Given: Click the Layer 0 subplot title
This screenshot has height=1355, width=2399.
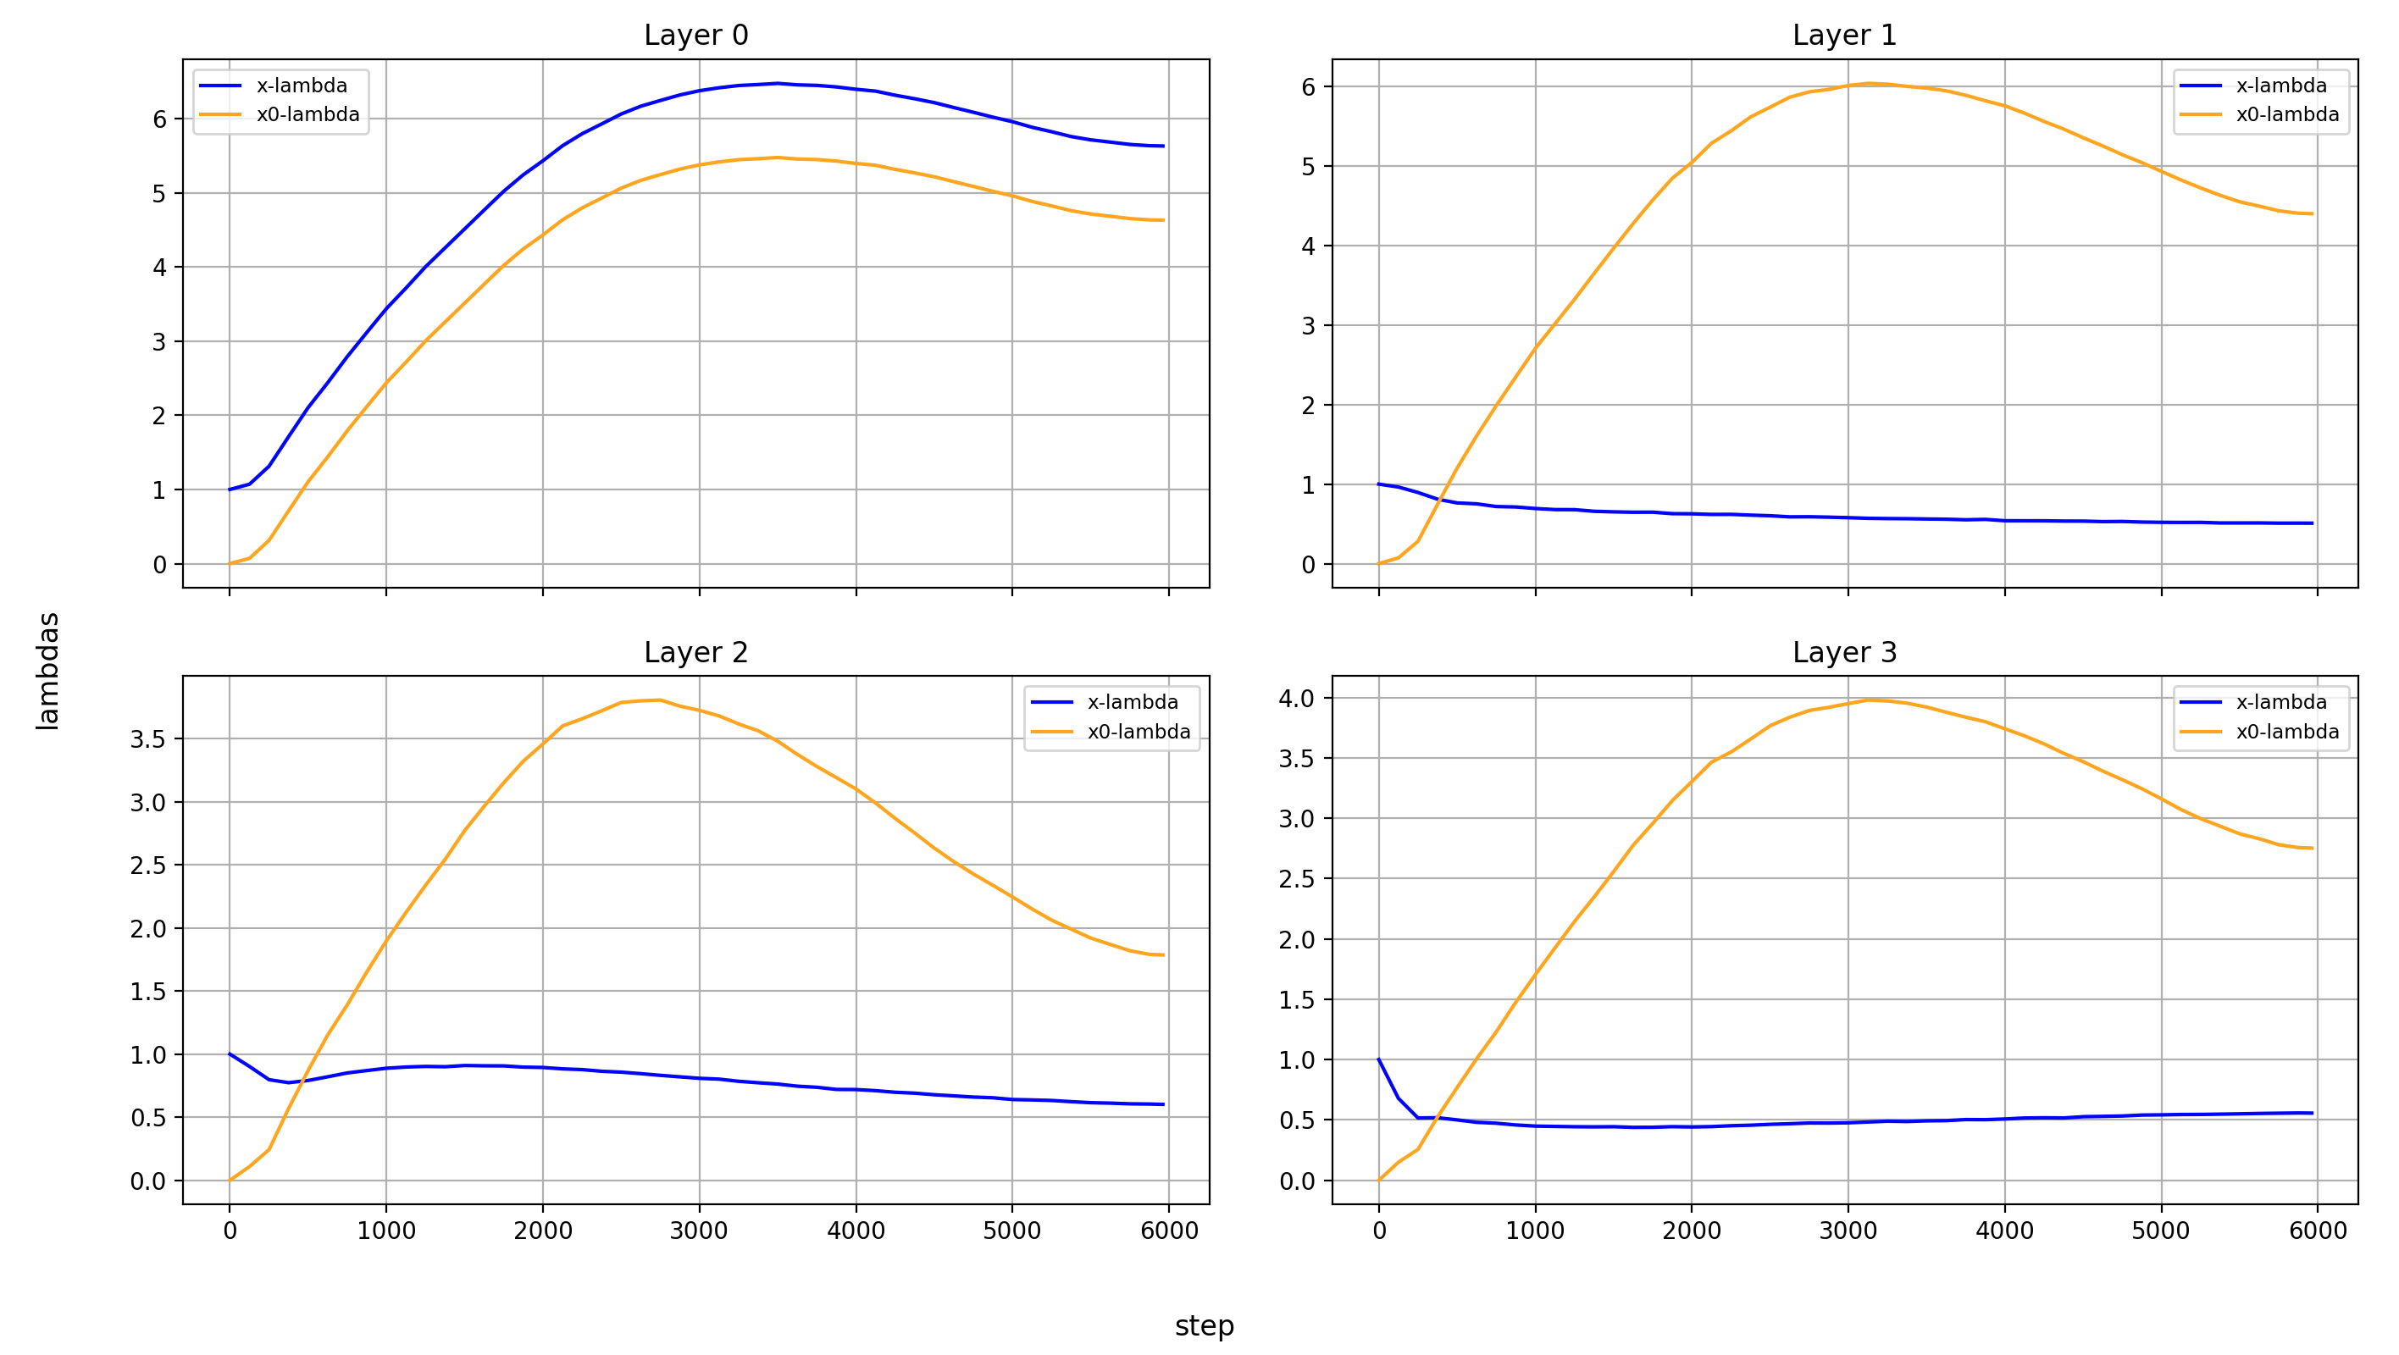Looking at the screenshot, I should [695, 36].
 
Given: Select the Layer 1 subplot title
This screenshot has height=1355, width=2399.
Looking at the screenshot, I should [1844, 36].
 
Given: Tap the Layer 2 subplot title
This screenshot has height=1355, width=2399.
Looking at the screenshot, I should [695, 652].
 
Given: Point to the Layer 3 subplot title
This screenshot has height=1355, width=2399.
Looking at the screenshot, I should [1844, 652].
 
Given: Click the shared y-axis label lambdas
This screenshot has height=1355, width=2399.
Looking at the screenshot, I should [47, 671].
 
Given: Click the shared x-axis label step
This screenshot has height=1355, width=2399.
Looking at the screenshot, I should [1203, 1325].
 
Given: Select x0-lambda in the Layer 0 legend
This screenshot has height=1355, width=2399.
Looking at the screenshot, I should [307, 114].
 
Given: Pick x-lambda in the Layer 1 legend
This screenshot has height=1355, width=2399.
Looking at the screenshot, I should [2280, 86].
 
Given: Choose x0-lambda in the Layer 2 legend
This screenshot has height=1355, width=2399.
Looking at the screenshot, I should [1138, 732].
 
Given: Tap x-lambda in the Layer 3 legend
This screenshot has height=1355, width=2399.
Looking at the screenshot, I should [2280, 702].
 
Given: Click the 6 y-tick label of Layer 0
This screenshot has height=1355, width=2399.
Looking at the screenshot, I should [160, 119].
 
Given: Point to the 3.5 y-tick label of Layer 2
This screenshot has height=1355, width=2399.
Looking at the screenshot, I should [148, 739].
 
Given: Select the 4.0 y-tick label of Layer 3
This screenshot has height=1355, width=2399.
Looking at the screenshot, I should [1296, 699].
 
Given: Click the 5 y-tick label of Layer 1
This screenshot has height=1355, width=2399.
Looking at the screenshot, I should [1309, 167].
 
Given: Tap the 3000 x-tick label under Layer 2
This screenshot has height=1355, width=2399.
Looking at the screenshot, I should [700, 1231].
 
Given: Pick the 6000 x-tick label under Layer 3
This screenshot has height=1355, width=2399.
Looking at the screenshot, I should [2317, 1231].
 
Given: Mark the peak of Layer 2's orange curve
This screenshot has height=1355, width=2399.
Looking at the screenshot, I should [659, 700].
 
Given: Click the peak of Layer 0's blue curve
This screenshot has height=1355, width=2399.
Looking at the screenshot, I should [778, 83].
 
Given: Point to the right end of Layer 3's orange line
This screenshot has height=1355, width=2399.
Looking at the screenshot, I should [2313, 849].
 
